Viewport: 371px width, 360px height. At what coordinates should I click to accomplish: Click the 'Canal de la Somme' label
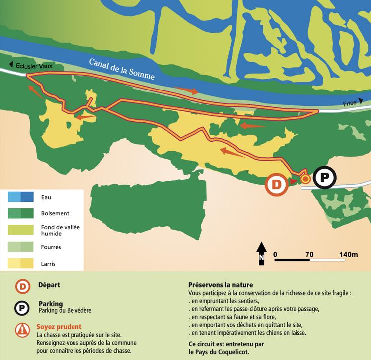tap(122, 69)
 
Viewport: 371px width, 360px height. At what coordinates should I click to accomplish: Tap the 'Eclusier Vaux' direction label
tap(33, 65)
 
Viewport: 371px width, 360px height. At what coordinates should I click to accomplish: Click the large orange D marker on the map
tap(277, 184)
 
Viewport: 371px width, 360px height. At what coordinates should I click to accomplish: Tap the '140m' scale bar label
tap(348, 254)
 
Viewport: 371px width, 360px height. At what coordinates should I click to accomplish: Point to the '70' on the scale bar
tap(309, 254)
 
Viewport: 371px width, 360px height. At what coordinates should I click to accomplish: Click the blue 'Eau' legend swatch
tap(20, 197)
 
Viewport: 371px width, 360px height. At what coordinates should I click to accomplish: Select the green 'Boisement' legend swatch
tap(20, 213)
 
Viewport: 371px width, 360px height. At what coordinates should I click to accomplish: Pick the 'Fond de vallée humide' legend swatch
tap(20, 230)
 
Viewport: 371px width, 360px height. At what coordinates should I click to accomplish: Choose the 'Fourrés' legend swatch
tap(20, 246)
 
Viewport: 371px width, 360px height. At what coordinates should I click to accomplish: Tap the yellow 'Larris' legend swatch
tap(20, 263)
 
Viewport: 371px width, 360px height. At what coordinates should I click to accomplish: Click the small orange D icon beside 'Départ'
tap(22, 286)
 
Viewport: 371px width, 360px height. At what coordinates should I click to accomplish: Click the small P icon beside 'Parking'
tap(22, 308)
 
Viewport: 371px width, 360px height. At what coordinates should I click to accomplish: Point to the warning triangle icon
tap(22, 330)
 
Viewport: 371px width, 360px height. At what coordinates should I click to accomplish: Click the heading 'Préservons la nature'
tap(221, 285)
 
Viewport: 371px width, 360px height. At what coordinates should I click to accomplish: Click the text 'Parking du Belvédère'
tap(65, 311)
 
